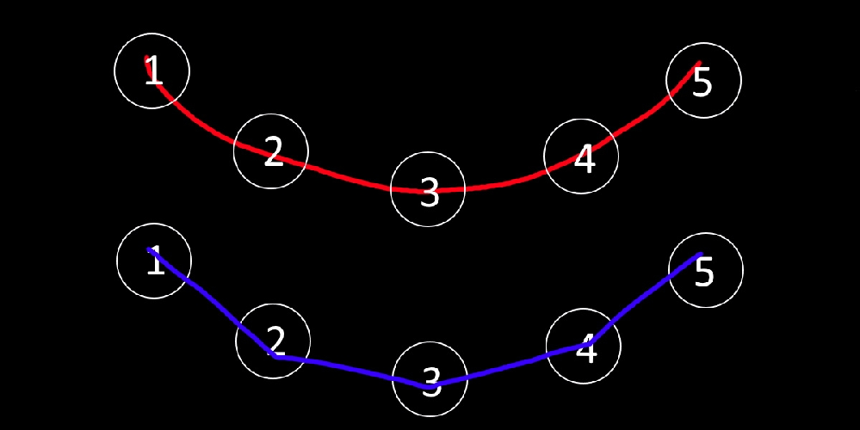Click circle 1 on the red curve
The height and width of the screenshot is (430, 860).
152,71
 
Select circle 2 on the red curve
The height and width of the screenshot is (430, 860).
271,150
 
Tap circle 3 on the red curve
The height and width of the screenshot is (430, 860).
428,189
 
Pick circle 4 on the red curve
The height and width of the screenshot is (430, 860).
581,157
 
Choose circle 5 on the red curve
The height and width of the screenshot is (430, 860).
703,81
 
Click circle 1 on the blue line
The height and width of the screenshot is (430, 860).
154,261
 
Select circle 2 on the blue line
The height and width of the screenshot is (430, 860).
273,341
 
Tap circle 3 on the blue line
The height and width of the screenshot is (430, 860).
430,379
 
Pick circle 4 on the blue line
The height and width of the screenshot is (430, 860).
583,347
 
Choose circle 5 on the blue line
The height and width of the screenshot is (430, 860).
705,270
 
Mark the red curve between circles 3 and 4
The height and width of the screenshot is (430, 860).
508,183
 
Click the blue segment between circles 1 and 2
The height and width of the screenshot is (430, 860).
211,301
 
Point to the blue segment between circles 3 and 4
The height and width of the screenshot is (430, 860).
508,365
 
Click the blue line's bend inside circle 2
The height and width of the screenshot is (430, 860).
275,355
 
